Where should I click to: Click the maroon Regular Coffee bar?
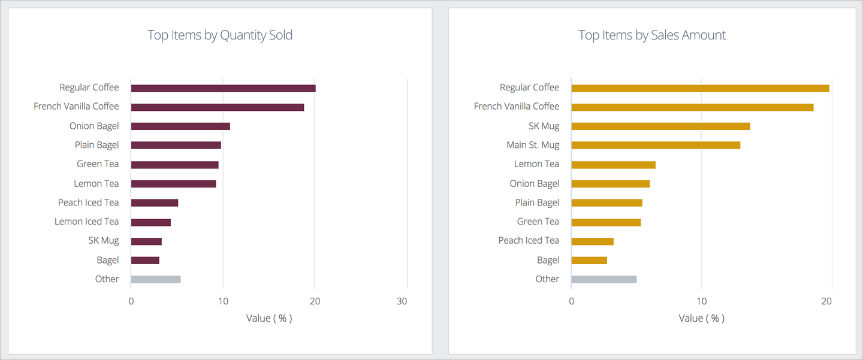[223, 88]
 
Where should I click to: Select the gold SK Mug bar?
[660, 126]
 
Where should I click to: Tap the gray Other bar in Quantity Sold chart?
[156, 279]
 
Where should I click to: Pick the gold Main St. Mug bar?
[656, 145]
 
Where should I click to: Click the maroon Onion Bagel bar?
[180, 126]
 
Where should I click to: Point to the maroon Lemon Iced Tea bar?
[151, 222]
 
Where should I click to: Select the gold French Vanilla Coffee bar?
[692, 107]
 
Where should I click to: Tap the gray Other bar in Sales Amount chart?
[604, 279]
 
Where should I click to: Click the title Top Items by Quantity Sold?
[220, 35]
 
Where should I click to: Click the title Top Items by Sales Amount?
[651, 35]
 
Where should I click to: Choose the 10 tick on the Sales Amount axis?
[701, 301]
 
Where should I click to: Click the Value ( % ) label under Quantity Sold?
[269, 318]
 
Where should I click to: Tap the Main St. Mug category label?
[532, 145]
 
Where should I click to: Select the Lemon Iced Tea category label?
[87, 222]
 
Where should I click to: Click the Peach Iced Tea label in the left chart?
[89, 202]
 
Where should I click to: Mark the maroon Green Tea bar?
[174, 165]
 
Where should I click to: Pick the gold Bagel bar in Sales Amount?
[589, 260]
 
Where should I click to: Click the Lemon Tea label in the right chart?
[536, 164]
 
